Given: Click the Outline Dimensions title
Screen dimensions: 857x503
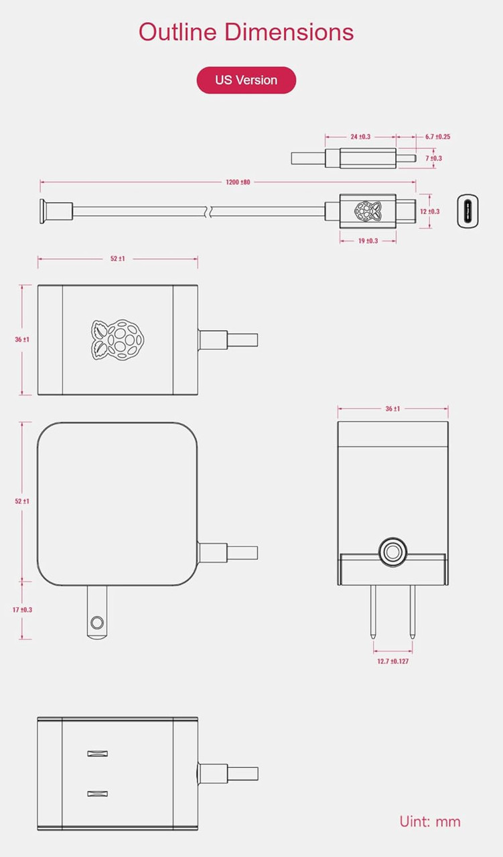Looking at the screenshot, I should (x=246, y=31).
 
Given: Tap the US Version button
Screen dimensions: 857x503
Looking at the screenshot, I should (x=246, y=80).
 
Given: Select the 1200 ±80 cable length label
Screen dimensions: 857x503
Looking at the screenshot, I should (x=237, y=181).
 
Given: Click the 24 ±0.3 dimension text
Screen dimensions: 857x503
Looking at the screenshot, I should (x=360, y=137).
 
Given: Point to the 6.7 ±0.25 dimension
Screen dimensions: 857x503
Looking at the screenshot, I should (x=437, y=137).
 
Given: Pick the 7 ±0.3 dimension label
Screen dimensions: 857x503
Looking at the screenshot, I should (x=433, y=159).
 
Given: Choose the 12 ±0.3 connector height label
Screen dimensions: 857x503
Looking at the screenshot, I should (x=429, y=212).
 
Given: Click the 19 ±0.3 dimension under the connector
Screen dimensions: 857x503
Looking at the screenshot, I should (x=368, y=240).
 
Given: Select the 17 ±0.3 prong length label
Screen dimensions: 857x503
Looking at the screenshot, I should (x=22, y=610).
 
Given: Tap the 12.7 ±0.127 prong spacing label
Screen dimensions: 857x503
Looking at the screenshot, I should (x=393, y=661).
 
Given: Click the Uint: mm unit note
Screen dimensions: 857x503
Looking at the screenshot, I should (x=429, y=822).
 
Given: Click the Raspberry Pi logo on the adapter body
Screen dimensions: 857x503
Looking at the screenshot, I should (x=118, y=340).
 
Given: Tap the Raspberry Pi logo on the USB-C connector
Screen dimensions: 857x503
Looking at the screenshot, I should (x=367, y=211).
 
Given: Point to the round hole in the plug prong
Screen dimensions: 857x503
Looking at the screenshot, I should (x=97, y=622).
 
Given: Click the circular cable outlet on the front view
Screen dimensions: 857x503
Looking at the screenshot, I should (x=392, y=552).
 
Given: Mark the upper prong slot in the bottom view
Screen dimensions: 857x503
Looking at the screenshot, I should (x=98, y=753).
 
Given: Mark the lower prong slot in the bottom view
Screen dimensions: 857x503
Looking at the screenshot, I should (x=98, y=794).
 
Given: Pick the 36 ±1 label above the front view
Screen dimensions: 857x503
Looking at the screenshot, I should (x=392, y=408).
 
